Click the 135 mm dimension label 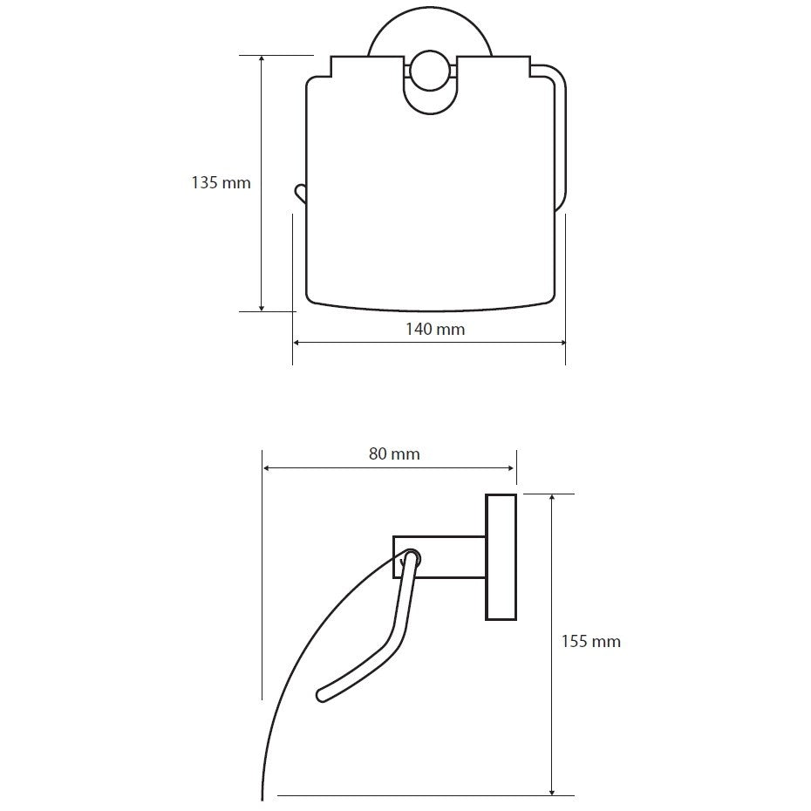coord(221,182)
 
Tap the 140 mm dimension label coord(435,329)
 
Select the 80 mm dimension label coord(394,453)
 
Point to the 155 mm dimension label coord(590,641)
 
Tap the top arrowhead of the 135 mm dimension coord(262,59)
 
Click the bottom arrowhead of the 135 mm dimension coord(262,307)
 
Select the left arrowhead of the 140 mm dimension coord(298,342)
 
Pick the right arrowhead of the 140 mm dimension coord(561,342)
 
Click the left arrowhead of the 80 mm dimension coord(268,468)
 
